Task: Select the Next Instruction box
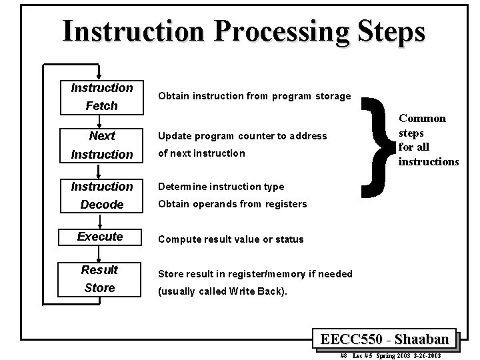coord(101,145)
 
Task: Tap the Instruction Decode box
coord(101,195)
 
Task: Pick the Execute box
coord(100,237)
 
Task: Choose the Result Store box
coord(100,279)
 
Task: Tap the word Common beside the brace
coord(422,119)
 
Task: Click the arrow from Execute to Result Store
coord(99,253)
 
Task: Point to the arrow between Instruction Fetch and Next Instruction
coord(99,120)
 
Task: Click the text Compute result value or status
coord(230,239)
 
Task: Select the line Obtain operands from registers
coord(232,204)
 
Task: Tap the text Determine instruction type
coord(221,187)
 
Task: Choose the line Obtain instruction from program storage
coord(254,96)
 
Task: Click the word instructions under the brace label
coord(428,161)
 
